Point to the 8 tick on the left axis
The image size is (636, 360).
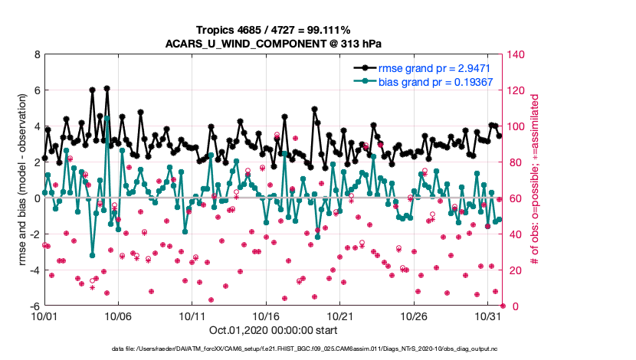(37, 54)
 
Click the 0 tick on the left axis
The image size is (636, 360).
(37, 198)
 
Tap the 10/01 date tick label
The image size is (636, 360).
(44, 316)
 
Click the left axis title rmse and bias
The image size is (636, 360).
(23, 180)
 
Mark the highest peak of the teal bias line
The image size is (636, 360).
(107, 117)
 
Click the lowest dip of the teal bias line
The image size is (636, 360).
(92, 255)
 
